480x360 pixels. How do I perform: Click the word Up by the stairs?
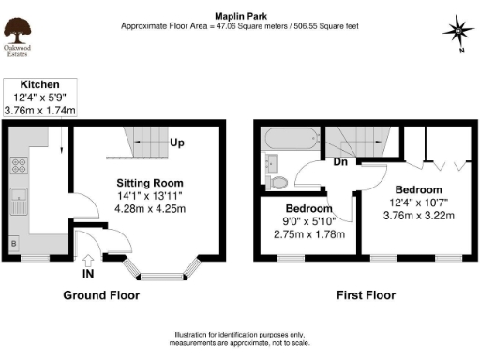pos(176,142)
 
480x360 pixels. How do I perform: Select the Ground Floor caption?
pos(101,295)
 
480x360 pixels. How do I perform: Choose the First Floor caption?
pos(366,295)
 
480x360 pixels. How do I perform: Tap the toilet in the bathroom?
pos(277,180)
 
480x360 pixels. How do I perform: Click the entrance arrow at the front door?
pos(86,262)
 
